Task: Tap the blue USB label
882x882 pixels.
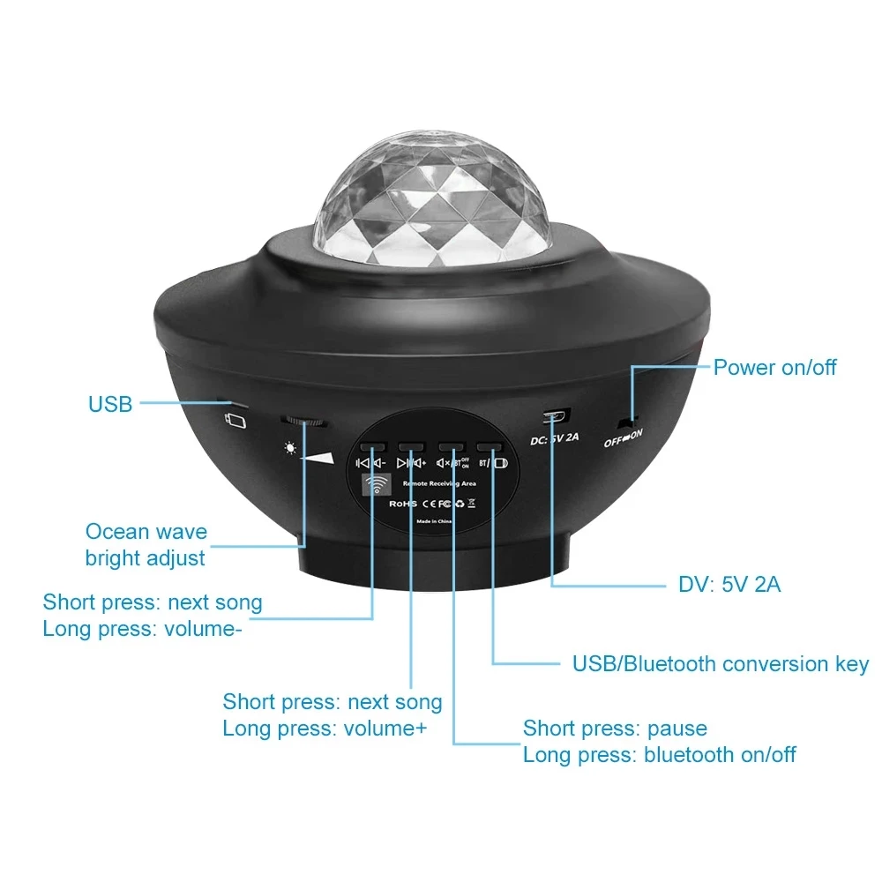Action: [110, 405]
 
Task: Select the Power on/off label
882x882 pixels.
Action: [774, 367]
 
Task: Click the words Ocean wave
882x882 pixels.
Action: [146, 532]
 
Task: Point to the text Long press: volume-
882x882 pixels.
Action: [142, 630]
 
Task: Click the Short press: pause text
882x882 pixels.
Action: [615, 729]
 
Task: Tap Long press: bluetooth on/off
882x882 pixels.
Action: [659, 755]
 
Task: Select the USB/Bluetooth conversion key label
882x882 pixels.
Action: [721, 664]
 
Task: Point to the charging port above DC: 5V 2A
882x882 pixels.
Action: [556, 415]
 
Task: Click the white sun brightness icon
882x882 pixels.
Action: [290, 448]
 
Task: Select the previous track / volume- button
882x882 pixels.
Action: [372, 448]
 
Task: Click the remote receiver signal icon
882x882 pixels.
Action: [377, 486]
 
